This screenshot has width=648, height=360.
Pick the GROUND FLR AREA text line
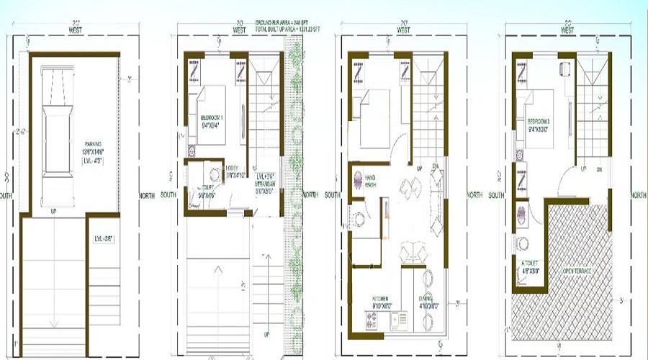pos(277,24)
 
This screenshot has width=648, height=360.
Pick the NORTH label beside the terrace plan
pos(638,195)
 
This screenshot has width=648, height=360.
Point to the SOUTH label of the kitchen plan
pos(332,195)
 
